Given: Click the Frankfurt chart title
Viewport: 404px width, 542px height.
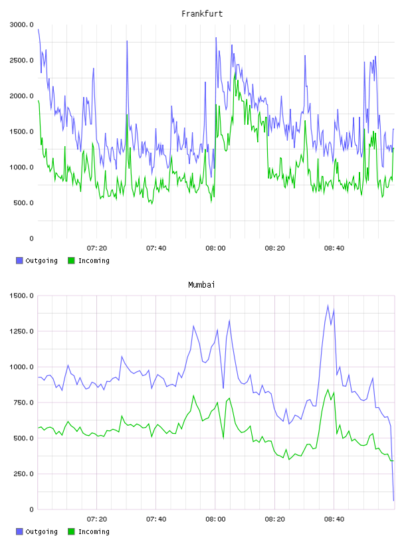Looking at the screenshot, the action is (202, 14).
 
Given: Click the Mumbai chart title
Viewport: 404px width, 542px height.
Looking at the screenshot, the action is (201, 285).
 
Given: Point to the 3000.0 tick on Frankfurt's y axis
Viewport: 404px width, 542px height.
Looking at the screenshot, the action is (22, 25).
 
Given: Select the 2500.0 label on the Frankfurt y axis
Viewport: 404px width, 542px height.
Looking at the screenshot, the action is (22, 60).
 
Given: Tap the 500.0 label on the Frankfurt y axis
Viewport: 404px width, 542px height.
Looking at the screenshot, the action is (23, 203).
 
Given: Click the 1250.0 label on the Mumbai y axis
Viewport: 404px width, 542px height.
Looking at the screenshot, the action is (22, 331).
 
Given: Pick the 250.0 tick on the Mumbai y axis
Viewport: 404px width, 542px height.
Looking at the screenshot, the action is (23, 474).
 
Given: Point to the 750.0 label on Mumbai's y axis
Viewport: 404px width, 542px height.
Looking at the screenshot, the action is (23, 403).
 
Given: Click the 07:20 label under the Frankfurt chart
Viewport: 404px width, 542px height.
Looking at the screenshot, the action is (97, 248).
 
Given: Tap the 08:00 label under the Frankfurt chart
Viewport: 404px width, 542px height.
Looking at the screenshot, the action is (215, 248).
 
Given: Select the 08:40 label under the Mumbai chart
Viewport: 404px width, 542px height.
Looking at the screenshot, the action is (334, 519).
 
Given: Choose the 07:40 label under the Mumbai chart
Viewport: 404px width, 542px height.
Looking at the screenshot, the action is (156, 519).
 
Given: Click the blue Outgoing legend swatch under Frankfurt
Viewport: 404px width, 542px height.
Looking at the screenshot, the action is (19, 260).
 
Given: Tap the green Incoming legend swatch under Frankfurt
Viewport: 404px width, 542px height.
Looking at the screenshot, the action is (71, 260).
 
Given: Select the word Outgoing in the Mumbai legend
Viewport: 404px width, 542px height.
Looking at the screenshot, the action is (41, 531).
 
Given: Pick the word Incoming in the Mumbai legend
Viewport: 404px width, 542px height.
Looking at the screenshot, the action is (94, 531).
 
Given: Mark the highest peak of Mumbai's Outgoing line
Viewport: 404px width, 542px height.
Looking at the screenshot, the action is (328, 306).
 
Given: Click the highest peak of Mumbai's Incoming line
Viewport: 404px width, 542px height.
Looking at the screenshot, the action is (328, 389).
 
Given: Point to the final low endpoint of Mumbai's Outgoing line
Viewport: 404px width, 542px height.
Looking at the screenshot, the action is (393, 501).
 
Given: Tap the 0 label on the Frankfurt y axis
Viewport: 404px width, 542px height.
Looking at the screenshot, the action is (31, 238).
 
